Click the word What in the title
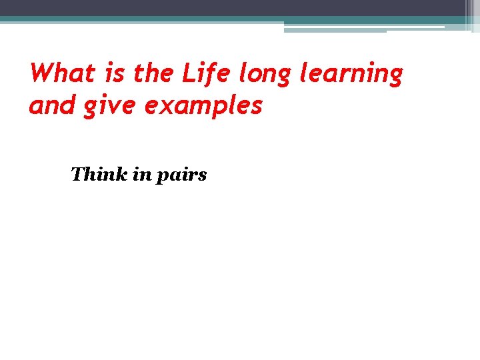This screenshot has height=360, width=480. [63, 73]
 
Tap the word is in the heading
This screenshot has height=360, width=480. [114, 73]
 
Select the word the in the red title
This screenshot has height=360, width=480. [155, 73]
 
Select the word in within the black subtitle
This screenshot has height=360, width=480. [142, 175]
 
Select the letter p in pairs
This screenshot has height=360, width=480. [162, 178]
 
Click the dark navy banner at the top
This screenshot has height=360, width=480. [233, 7]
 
